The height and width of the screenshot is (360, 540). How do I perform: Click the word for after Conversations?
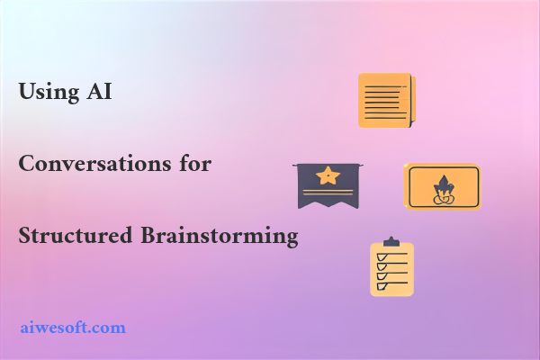(x=193, y=164)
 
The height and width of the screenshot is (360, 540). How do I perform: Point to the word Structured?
(x=76, y=237)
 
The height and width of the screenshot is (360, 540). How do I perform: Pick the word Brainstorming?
(x=219, y=237)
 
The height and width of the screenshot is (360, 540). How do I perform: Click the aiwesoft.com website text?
(x=73, y=327)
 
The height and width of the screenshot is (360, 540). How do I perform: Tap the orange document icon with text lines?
(x=386, y=99)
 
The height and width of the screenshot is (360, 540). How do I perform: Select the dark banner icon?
(x=329, y=184)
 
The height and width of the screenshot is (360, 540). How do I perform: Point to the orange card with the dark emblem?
(x=442, y=187)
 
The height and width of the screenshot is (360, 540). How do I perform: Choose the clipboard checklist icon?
(x=391, y=267)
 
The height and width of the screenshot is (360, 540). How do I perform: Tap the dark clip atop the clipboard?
(x=391, y=242)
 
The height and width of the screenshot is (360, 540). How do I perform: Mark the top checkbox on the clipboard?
(x=381, y=256)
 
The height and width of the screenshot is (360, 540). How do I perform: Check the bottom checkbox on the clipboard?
(x=381, y=286)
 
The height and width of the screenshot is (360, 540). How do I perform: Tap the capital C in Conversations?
(x=26, y=164)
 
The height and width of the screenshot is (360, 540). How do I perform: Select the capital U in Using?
(x=26, y=92)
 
